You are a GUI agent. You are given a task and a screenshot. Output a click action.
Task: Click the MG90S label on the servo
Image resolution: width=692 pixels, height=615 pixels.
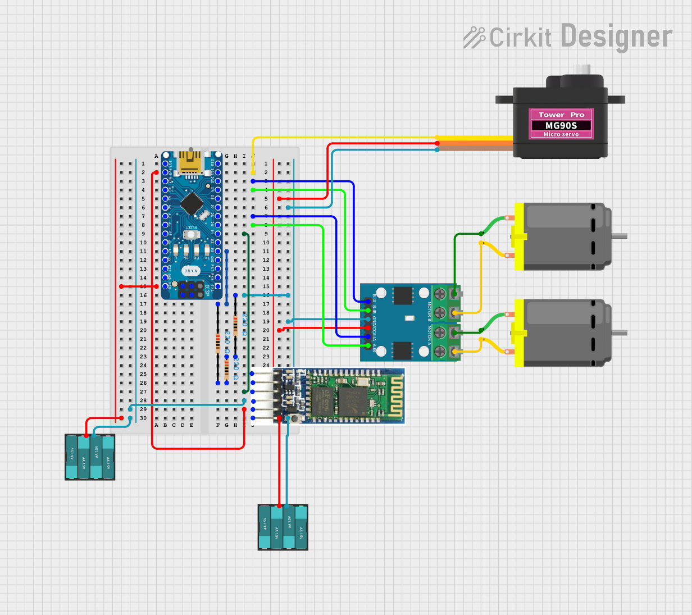[x=561, y=125]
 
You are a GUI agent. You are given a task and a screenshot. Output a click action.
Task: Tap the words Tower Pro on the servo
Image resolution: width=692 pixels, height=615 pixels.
[x=561, y=115]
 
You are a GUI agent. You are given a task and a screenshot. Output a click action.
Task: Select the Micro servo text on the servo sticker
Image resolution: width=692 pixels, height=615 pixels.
[x=561, y=134]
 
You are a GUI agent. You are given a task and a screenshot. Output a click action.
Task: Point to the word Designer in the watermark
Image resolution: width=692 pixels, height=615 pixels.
[x=616, y=37]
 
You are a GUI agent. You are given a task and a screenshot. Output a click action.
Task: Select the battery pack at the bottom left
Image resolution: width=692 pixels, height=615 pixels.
[x=90, y=457]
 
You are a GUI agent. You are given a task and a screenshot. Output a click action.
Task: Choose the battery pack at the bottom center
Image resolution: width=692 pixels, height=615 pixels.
[x=283, y=527]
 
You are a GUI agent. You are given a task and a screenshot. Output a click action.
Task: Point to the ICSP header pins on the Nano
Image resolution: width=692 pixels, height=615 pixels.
[x=191, y=290]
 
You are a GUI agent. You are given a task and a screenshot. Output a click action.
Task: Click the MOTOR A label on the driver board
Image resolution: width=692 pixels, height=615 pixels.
[x=430, y=335]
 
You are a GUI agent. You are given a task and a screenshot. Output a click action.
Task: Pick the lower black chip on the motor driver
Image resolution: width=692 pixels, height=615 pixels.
[x=402, y=350]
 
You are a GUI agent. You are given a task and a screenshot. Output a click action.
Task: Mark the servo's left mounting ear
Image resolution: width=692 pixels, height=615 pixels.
[x=504, y=99]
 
